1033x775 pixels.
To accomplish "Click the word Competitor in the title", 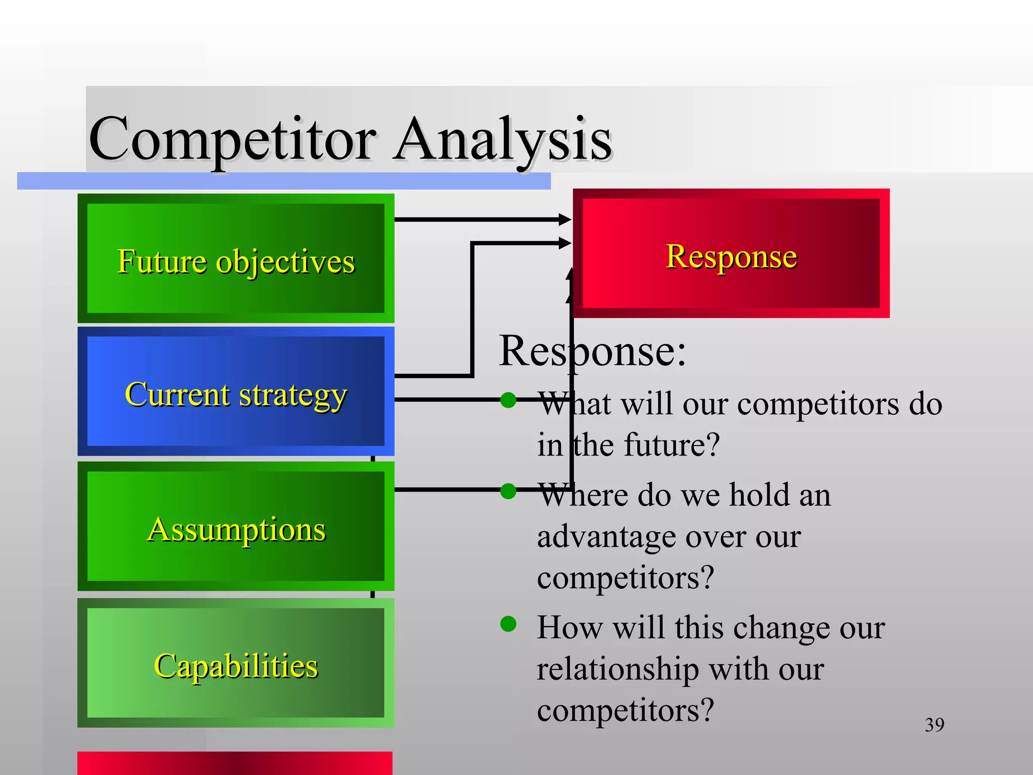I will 232,139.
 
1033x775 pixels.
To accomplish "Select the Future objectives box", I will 236,258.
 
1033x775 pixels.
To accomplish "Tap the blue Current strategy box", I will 236,392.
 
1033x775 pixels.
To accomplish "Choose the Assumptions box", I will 236,526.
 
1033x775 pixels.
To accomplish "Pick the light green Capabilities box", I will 236,662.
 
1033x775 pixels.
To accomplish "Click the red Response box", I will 731,254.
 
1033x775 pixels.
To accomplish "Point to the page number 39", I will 934,725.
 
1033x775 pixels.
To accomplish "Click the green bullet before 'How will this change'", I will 508,624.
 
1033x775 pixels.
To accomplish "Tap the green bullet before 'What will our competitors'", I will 508,400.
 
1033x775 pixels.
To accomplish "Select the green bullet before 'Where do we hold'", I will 508,491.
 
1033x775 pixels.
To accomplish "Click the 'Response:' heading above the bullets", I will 592,351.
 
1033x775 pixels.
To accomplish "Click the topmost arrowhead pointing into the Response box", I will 565,219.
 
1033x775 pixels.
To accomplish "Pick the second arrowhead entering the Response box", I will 565,243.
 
